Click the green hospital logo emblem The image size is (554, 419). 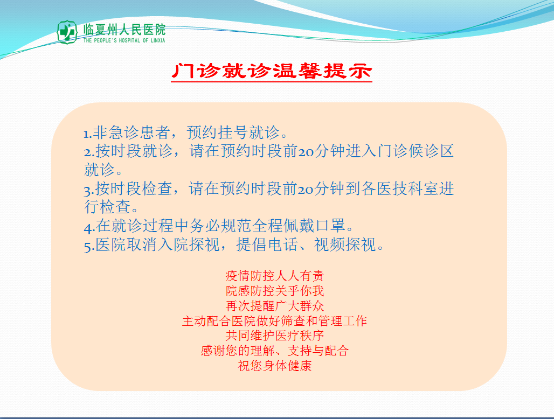pyautogui.click(x=67, y=32)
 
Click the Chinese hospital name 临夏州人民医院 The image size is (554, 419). pyautogui.click(x=124, y=30)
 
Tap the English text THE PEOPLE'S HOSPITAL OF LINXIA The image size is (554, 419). pyautogui.click(x=124, y=40)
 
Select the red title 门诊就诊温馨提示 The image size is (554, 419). pyautogui.click(x=272, y=71)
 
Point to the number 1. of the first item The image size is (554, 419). pyautogui.click(x=88, y=134)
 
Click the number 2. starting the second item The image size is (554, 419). pyautogui.click(x=89, y=152)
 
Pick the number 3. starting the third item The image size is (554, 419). pyautogui.click(x=89, y=190)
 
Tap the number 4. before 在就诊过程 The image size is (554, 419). pyautogui.click(x=89, y=227)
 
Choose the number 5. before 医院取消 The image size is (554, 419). pyautogui.click(x=89, y=246)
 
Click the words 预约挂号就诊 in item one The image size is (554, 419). pyautogui.click(x=233, y=132)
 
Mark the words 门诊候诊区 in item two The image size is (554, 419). pyautogui.click(x=415, y=151)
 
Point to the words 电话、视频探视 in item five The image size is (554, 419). pyautogui.click(x=306, y=245)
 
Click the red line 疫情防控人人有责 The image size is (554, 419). pyautogui.click(x=274, y=276)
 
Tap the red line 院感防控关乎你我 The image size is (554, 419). pyautogui.click(x=274, y=291)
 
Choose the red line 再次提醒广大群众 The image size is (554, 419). pyautogui.click(x=274, y=306)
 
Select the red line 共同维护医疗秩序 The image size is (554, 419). pyautogui.click(x=274, y=336)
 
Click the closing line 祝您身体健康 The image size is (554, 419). pyautogui.click(x=274, y=365)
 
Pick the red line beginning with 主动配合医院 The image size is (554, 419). pyautogui.click(x=274, y=320)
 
